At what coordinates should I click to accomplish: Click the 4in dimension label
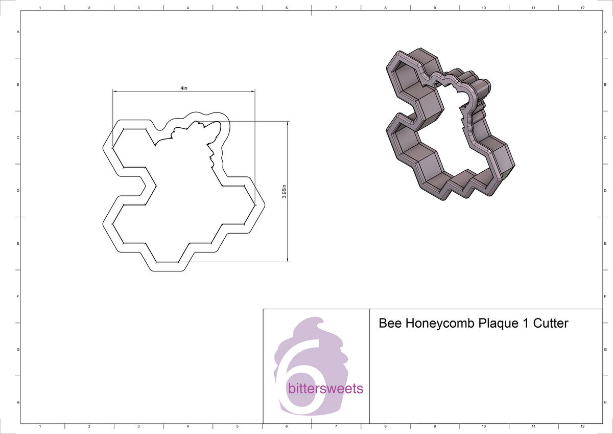184,88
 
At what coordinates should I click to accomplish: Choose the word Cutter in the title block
550,324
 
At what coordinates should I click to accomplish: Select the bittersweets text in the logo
325,389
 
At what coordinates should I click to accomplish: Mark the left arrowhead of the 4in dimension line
115,92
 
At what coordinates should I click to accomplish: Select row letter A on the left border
18,32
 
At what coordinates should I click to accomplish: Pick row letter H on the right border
605,403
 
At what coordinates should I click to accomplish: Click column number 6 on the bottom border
287,426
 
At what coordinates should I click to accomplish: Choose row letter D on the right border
605,191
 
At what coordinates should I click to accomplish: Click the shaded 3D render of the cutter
444,128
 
